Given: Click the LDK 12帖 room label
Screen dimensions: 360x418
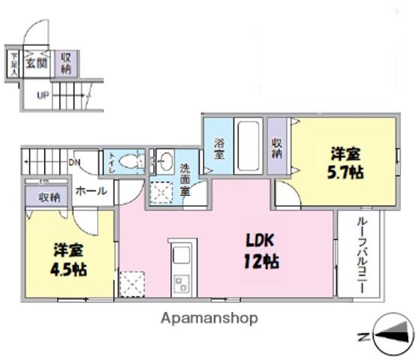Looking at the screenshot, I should (x=261, y=251).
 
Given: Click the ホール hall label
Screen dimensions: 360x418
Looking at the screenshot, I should (x=91, y=191).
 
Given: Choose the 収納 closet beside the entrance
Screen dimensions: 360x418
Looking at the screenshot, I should (x=66, y=64).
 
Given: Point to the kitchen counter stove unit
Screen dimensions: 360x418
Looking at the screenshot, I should (x=182, y=269).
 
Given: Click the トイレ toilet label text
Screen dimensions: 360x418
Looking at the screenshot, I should (x=112, y=161).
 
